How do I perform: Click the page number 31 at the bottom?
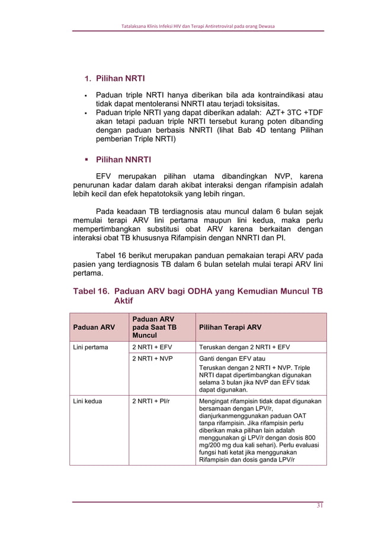click(319, 505)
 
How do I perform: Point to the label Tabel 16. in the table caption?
click(91, 292)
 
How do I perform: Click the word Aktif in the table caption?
click(123, 301)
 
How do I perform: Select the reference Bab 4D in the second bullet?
click(246, 130)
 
